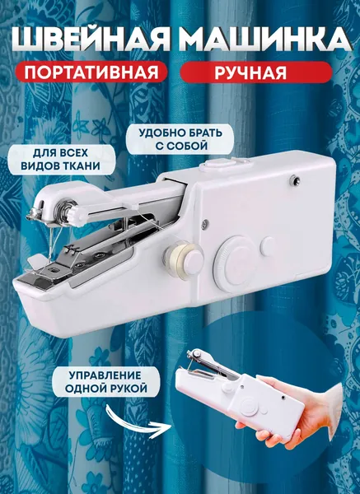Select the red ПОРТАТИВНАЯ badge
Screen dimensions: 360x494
click(91, 72)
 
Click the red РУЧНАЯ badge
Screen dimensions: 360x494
click(256, 72)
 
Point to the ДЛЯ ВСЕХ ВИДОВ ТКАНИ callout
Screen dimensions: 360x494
click(61, 160)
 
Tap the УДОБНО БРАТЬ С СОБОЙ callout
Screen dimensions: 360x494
click(180, 139)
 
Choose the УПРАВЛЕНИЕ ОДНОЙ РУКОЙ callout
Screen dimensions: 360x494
click(105, 381)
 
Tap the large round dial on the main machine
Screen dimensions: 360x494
click(234, 264)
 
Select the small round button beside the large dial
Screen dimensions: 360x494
click(268, 246)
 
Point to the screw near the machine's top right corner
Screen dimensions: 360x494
click(295, 179)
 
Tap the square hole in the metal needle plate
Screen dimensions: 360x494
click(56, 270)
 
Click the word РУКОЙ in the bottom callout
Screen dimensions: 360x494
click(129, 388)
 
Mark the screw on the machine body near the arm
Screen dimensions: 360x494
click(205, 223)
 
